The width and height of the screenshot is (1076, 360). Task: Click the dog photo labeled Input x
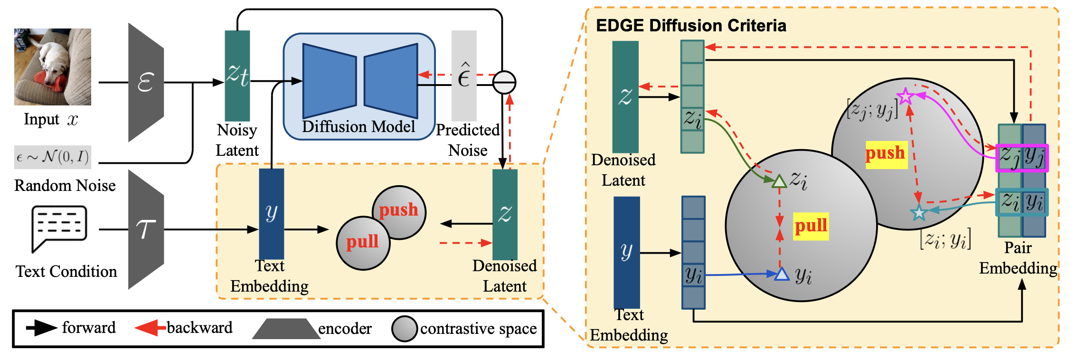52,66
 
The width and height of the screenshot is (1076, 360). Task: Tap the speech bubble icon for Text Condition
59,227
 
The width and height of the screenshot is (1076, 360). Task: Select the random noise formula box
52,157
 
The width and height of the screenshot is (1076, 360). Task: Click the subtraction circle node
504,83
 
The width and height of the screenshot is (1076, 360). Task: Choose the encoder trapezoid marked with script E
146,82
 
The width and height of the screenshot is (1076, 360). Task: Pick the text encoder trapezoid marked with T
146,229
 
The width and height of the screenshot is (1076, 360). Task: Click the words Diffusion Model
359,127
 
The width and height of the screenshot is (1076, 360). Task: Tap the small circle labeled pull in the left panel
363,243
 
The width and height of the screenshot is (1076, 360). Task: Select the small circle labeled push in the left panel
399,210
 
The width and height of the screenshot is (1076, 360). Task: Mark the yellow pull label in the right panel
811,226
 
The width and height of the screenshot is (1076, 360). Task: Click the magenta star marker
906,96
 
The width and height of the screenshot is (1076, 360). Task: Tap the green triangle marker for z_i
779,181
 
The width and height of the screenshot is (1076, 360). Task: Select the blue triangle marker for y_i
781,274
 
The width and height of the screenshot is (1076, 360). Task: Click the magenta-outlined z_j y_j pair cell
1021,158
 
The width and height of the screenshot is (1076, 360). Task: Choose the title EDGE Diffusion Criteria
691,26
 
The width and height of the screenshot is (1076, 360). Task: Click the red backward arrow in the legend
147,328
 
